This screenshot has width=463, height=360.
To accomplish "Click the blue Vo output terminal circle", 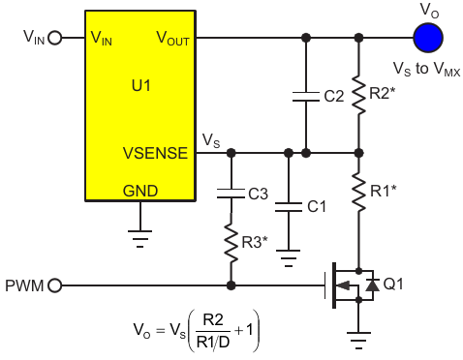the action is coord(428,38).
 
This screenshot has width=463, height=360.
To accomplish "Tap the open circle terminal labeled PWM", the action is coord(55,285).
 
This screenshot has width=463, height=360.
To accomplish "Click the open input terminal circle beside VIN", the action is coord(55,38).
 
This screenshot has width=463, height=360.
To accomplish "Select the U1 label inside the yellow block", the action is coord(141,86).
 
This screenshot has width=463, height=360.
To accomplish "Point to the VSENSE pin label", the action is coord(155,153).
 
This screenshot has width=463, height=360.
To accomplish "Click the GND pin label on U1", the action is coord(140,191).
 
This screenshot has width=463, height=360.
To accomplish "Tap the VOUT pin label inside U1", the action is coord(172,38).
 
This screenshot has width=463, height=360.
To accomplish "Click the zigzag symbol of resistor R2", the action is coord(358,95).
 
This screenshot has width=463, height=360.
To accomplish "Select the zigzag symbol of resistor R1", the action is coord(358,193).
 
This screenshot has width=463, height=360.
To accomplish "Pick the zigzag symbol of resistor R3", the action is coord(231,242).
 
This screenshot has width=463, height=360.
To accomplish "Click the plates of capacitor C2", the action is coord(306,97).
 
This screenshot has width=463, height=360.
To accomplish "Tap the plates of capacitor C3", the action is coord(231,194).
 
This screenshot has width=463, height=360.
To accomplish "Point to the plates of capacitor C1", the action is coord(289,207).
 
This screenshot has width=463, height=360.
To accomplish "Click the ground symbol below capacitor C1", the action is coord(289,258).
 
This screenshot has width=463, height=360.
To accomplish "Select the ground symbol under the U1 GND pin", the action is coord(140,239).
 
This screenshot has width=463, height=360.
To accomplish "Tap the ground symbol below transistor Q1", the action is coord(358,341).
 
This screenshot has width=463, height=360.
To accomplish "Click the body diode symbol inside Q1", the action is coord(372,285).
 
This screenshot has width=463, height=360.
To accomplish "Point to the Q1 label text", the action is coord(393,285).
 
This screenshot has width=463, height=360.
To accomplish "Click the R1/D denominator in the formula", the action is coord(213,342).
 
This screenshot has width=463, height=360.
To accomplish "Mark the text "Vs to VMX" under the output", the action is coord(426,69).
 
